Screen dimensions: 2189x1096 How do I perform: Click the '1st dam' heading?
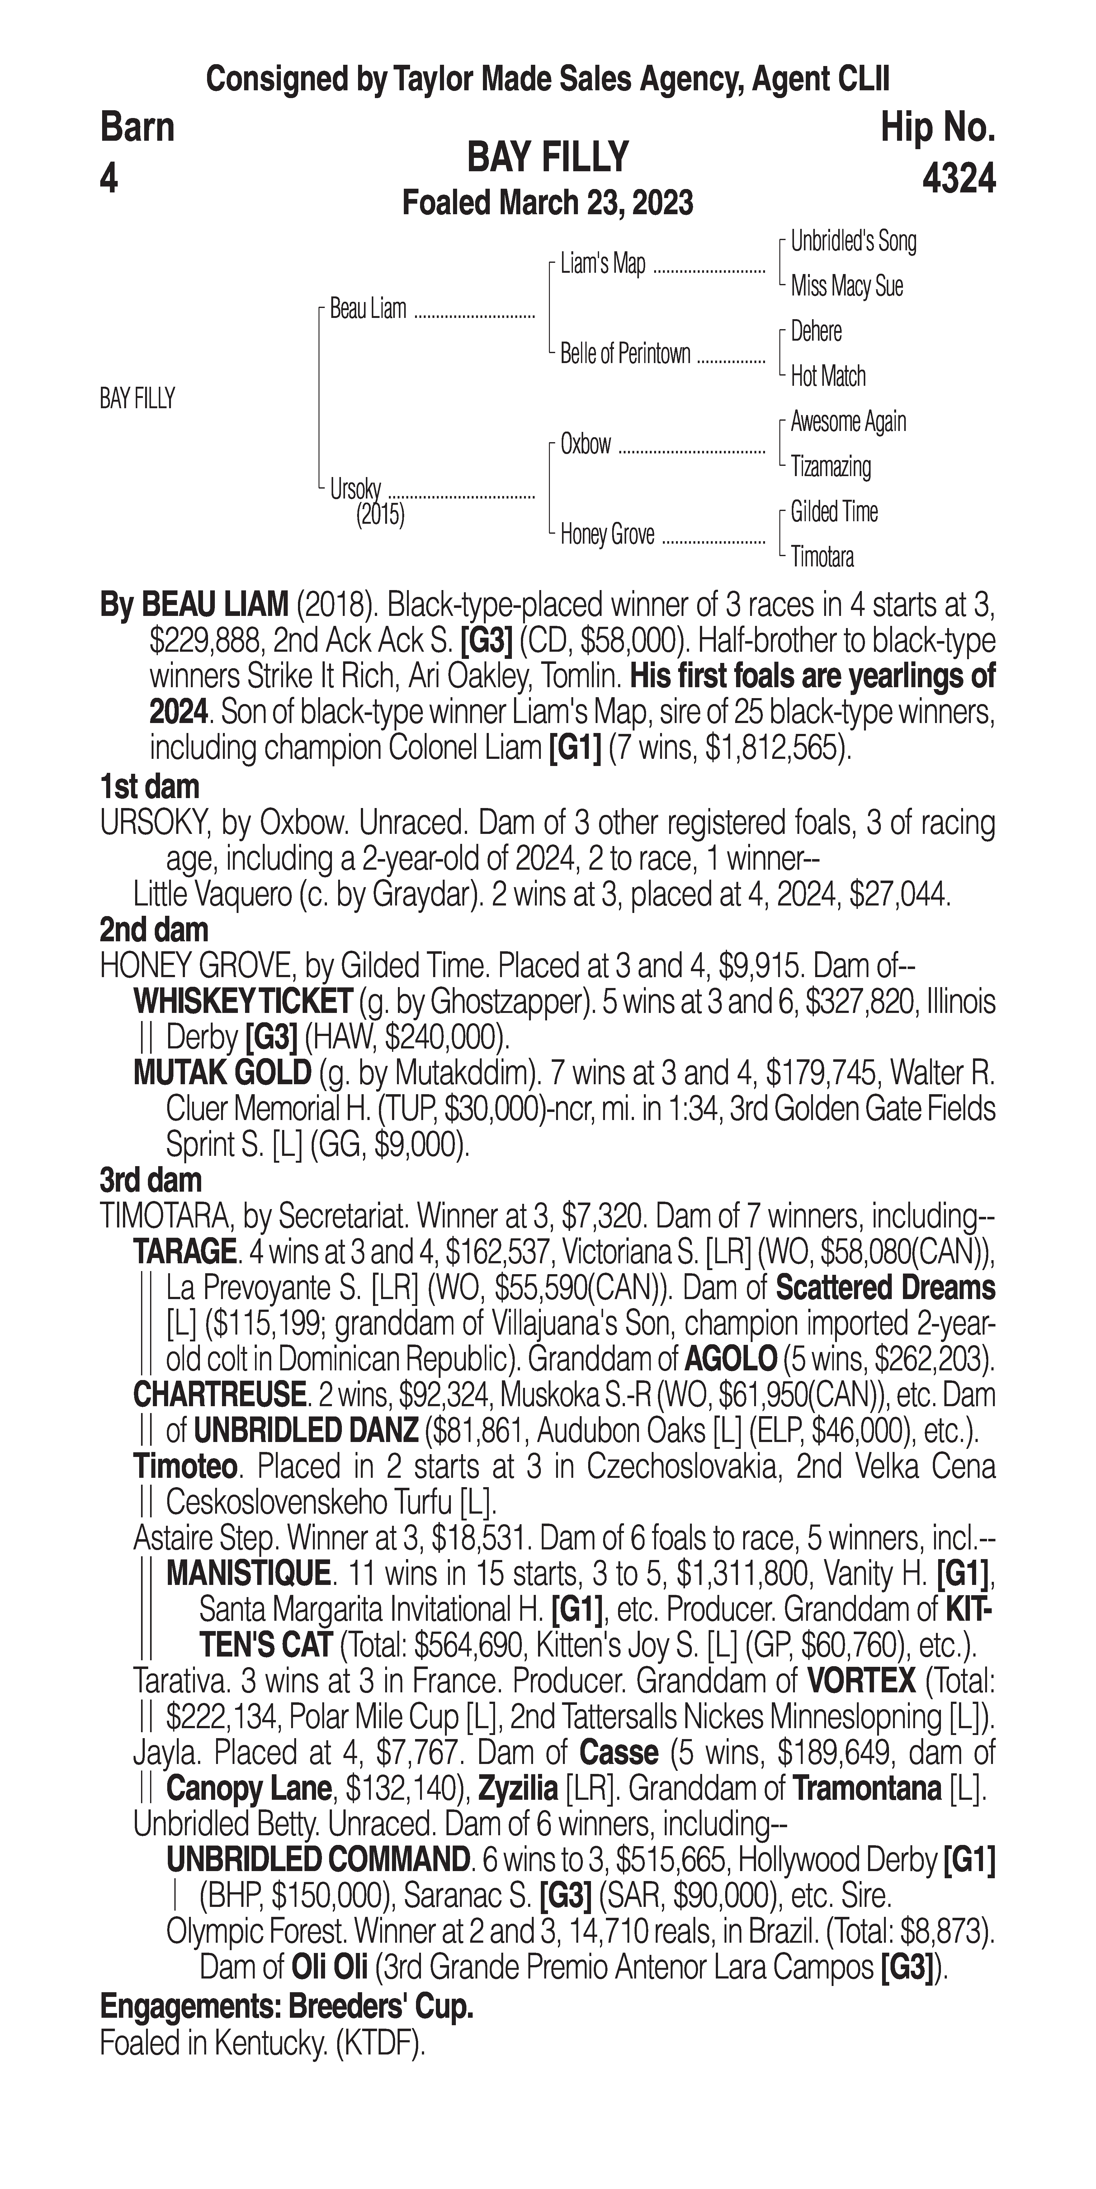[149, 787]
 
